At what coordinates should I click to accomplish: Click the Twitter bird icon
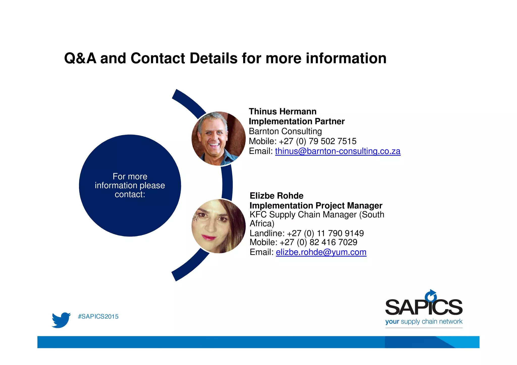(x=61, y=320)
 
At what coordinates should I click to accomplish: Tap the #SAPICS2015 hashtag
(x=98, y=317)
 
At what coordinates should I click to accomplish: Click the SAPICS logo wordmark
(x=424, y=307)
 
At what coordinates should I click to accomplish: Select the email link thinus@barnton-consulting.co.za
(x=338, y=151)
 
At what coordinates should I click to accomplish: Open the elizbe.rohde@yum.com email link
(x=321, y=252)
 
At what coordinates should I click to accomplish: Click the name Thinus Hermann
(x=282, y=111)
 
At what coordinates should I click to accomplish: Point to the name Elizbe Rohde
(x=276, y=196)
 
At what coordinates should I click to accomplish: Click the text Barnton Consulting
(x=285, y=131)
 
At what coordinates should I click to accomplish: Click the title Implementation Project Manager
(x=316, y=206)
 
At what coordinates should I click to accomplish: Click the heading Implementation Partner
(x=297, y=121)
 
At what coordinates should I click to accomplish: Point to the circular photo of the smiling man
(x=218, y=138)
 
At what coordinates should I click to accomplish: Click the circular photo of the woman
(x=218, y=226)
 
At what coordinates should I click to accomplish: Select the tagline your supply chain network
(x=424, y=322)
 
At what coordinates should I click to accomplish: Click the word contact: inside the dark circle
(x=130, y=194)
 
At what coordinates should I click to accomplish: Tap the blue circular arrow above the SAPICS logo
(x=431, y=296)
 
